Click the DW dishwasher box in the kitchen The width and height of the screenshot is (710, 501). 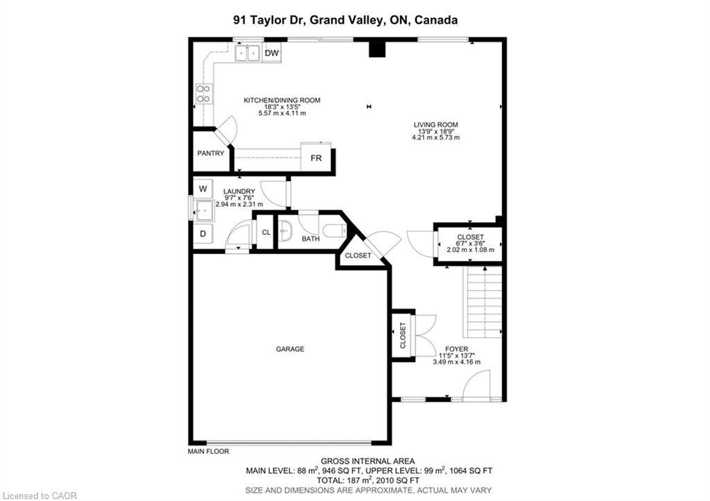tap(271, 53)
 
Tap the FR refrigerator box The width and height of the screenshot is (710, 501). tap(316, 158)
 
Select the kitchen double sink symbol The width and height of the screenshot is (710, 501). tap(246, 53)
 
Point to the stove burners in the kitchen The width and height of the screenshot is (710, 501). tap(203, 94)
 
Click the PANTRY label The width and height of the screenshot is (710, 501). tap(211, 153)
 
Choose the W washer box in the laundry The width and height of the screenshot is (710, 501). tap(202, 188)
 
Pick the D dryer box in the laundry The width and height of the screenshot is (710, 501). tap(202, 234)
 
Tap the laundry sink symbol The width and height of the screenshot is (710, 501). tap(203, 210)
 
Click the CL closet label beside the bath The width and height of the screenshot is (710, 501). tap(266, 232)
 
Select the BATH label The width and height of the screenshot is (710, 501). tap(311, 239)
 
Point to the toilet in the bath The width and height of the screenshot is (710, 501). tap(334, 230)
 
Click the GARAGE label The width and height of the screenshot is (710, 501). tap(290, 349)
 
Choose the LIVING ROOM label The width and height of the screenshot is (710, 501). tap(435, 125)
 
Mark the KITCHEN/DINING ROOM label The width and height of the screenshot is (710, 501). tap(282, 101)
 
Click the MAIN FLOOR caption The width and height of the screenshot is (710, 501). tap(208, 452)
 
